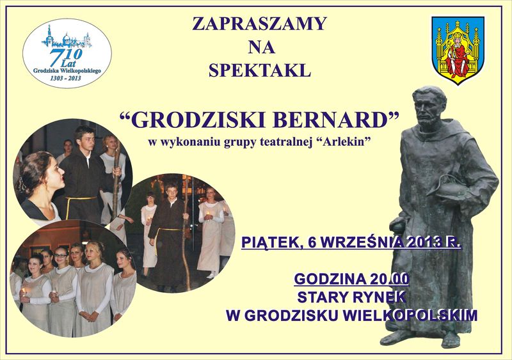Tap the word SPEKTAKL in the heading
tap(259, 70)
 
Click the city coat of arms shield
tap(458, 47)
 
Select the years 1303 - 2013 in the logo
tap(66, 76)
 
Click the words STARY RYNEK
tap(351, 297)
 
